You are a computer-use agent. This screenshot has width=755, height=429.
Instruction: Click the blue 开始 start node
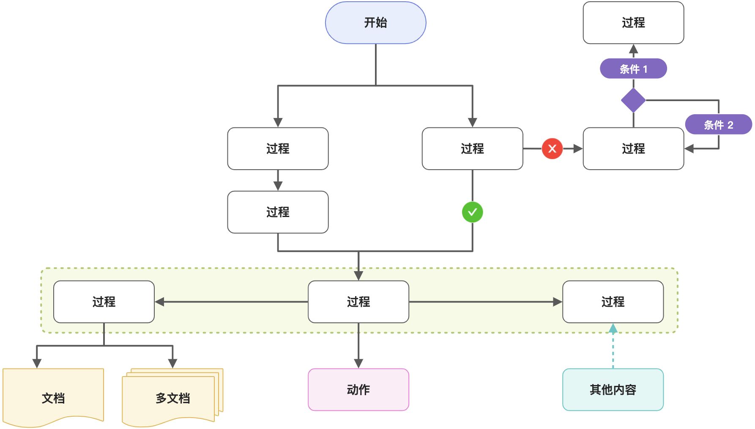(375, 23)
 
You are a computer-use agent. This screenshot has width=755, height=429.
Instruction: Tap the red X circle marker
(552, 148)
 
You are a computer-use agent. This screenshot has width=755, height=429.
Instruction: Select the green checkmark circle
(472, 212)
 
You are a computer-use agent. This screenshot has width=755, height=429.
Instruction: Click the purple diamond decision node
(633, 100)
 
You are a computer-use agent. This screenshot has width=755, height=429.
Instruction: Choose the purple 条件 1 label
(633, 69)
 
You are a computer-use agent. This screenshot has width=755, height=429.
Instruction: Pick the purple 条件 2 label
(718, 124)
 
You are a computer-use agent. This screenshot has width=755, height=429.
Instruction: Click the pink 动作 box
(358, 390)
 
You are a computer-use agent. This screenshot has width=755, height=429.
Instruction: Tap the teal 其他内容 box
(613, 390)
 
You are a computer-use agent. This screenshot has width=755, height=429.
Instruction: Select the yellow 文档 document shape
(53, 397)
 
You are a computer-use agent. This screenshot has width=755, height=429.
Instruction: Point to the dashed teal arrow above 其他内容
(613, 347)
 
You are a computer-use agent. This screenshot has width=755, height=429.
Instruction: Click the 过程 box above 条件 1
(633, 23)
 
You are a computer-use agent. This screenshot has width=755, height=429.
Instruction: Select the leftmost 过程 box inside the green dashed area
(104, 302)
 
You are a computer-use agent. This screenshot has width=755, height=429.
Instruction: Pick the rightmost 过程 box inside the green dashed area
(613, 302)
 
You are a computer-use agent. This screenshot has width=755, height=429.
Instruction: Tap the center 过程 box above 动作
(358, 302)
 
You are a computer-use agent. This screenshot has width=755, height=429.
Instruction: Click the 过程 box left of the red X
(472, 148)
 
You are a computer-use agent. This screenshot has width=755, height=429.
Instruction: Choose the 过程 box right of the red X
(633, 148)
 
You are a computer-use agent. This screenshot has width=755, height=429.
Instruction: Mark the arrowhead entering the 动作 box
(358, 363)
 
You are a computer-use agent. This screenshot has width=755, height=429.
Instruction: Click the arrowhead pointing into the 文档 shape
(37, 363)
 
